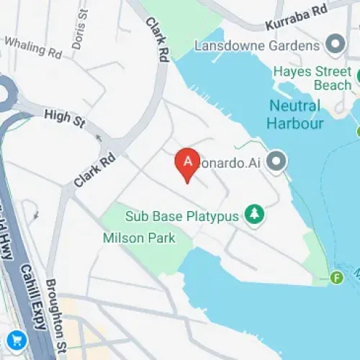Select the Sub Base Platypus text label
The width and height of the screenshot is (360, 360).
pos(181,216)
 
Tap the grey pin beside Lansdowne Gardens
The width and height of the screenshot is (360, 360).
pos(336,45)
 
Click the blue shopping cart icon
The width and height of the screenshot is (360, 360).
pos(15,339)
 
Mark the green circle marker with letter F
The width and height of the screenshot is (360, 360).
pos(336,277)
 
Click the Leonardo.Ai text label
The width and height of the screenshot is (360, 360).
pos(232,161)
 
